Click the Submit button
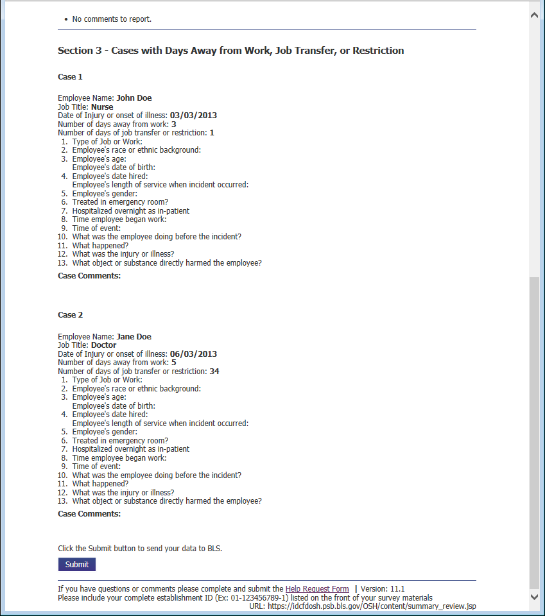(x=77, y=565)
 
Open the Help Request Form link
(x=317, y=589)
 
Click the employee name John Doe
(x=134, y=98)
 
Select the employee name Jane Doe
(x=134, y=337)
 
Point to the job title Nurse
(x=102, y=107)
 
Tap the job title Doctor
(x=104, y=345)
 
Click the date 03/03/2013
(x=193, y=116)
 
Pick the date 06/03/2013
(x=193, y=354)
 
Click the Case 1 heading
(x=70, y=77)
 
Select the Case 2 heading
(x=70, y=315)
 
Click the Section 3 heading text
(x=230, y=51)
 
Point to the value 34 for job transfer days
(x=214, y=372)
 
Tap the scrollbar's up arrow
(x=534, y=15)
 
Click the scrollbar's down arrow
(x=534, y=597)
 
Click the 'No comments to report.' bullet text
(x=112, y=19)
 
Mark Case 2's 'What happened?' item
(x=100, y=484)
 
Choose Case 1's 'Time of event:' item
(x=96, y=228)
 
